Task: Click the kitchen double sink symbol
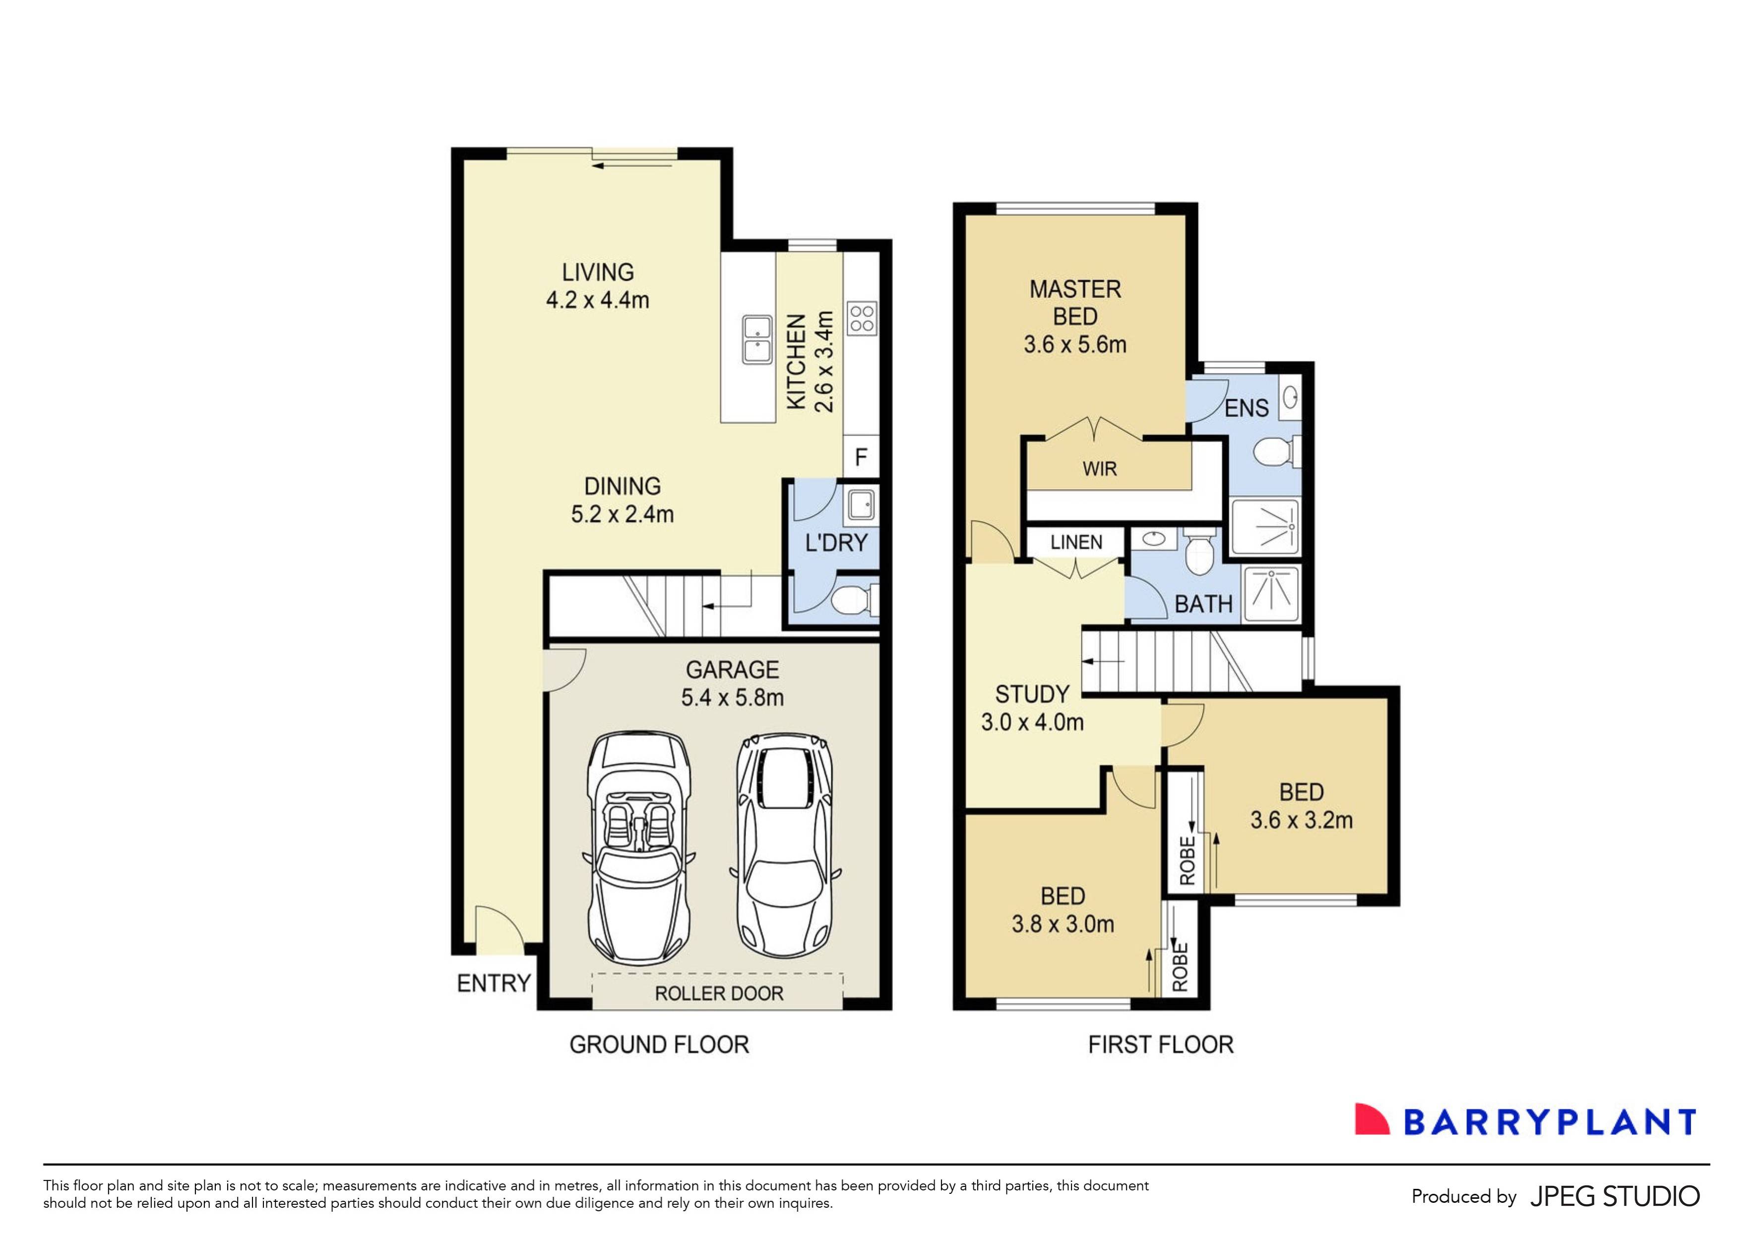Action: point(757,339)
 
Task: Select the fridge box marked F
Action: point(861,457)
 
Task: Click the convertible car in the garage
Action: point(638,848)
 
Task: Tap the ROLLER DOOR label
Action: point(718,993)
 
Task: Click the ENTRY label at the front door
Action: point(493,983)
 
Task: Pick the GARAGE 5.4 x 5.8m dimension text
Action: point(732,697)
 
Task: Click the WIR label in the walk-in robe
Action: point(1100,469)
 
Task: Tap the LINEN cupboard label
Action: point(1076,543)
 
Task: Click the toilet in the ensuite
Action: point(1273,452)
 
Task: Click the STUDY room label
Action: point(1031,694)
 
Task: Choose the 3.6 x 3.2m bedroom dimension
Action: point(1301,820)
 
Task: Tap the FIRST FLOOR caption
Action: point(1160,1045)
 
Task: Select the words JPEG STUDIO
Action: point(1614,1196)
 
